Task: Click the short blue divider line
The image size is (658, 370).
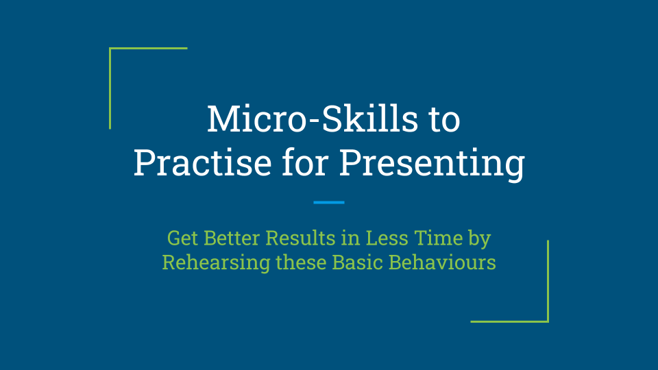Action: pos(328,202)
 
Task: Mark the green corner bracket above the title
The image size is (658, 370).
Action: pos(111,49)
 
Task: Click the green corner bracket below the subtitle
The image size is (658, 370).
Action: pos(547,320)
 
